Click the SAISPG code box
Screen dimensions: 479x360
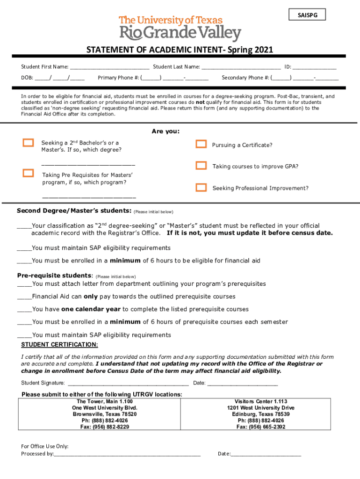click(307, 15)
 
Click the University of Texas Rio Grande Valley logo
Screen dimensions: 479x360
click(180, 29)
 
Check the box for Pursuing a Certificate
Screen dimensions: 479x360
click(201, 144)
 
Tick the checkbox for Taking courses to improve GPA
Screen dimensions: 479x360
click(201, 166)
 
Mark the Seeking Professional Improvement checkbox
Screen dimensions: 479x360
click(201, 188)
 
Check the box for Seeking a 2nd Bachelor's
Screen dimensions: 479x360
click(29, 143)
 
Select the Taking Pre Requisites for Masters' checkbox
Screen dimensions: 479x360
click(29, 173)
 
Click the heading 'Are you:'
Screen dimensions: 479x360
click(166, 131)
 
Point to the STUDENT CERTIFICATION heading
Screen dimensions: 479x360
click(60, 345)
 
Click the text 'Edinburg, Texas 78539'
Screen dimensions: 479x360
click(261, 414)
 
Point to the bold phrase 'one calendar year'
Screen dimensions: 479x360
click(91, 309)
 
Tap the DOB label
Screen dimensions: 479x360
click(27, 78)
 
